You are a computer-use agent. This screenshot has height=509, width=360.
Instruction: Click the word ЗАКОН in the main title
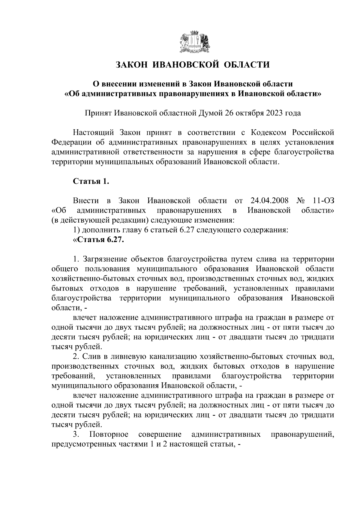[x=131, y=65]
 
